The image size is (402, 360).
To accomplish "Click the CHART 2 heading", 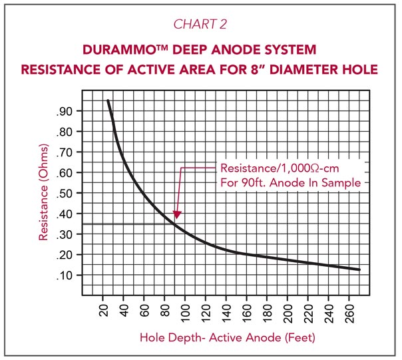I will pyautogui.click(x=200, y=25).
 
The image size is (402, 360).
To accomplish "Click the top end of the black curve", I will pyautogui.click(x=108, y=101).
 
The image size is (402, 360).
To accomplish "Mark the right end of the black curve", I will pyautogui.click(x=359, y=270).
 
